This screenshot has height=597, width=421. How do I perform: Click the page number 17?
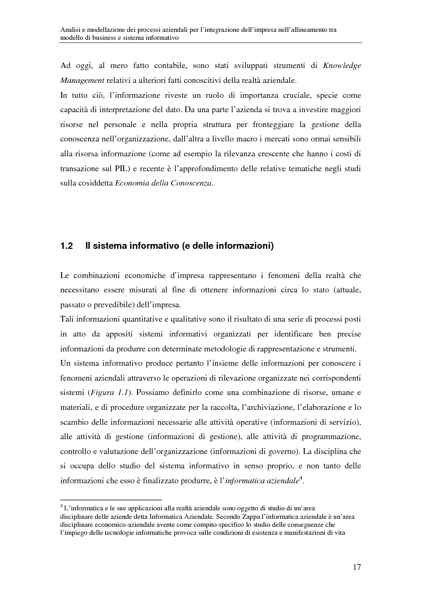tap(357, 567)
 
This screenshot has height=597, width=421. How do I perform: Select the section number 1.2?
tap(66, 246)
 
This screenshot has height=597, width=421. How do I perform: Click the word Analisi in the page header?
tap(70, 30)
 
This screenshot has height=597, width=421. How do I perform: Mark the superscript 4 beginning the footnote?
tap(61, 506)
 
